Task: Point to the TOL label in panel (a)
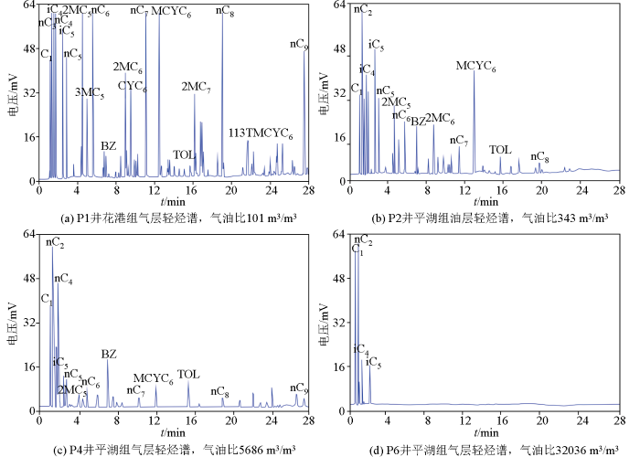pyautogui.click(x=185, y=154)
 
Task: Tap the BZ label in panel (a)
pyautogui.click(x=108, y=146)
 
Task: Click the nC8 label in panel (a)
pyautogui.click(x=225, y=11)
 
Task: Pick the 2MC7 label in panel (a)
pyautogui.click(x=197, y=87)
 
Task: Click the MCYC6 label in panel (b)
pyautogui.click(x=475, y=67)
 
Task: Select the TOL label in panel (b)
pyautogui.click(x=500, y=150)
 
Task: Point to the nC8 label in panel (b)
pyautogui.click(x=539, y=157)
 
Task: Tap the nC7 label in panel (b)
pyautogui.click(x=459, y=141)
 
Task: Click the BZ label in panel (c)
pyautogui.click(x=109, y=354)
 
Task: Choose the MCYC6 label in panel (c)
pyautogui.click(x=153, y=377)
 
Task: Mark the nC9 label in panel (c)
pyautogui.click(x=299, y=388)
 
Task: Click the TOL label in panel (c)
pyautogui.click(x=188, y=374)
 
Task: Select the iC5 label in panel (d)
pyautogui.click(x=373, y=364)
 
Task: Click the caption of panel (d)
pyautogui.click(x=484, y=449)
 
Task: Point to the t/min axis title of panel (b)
pyautogui.click(x=484, y=200)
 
